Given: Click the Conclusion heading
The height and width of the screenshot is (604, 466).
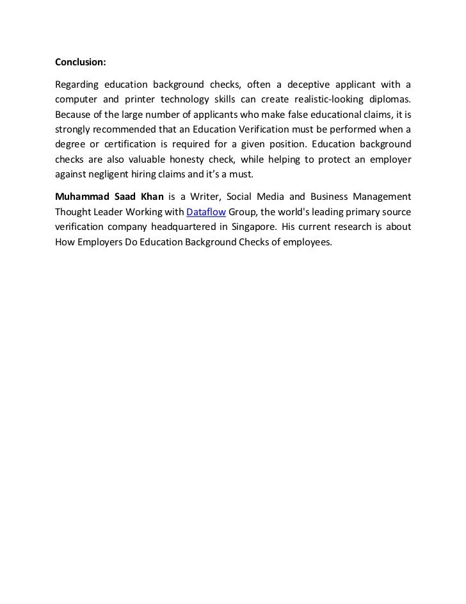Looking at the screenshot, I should (80, 63).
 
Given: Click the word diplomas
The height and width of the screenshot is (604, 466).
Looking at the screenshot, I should (390, 101).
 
